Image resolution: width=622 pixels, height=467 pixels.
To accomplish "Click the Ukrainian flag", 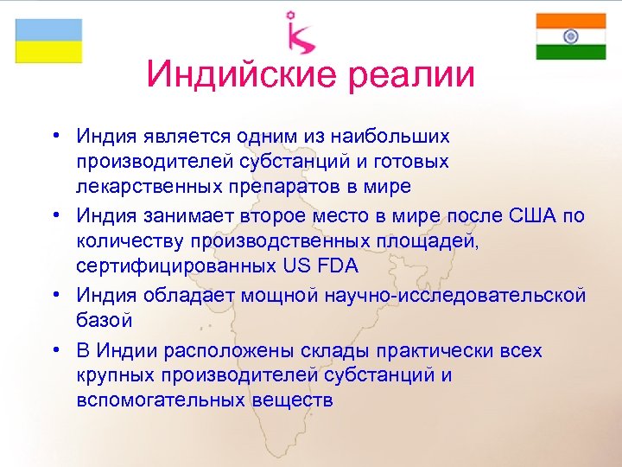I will pyautogui.click(x=48, y=40).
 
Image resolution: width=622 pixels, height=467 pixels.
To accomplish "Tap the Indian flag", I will pyautogui.click(x=570, y=36).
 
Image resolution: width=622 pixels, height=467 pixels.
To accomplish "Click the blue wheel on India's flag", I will pyautogui.click(x=570, y=36).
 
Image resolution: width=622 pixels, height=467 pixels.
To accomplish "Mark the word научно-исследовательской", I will pyautogui.click(x=454, y=296).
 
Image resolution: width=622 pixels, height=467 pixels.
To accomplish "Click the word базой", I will pyautogui.click(x=104, y=321).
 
